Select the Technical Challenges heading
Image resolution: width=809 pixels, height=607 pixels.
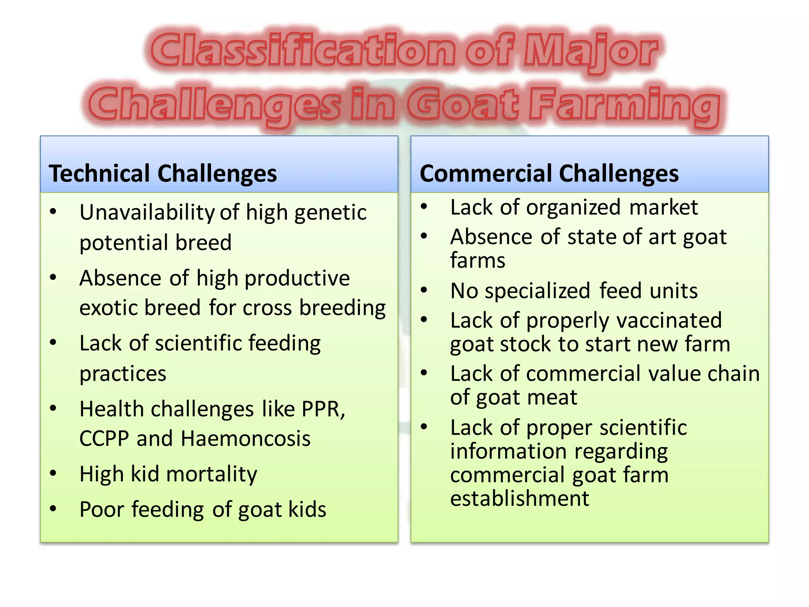163,173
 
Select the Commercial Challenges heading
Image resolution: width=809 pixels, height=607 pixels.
549,173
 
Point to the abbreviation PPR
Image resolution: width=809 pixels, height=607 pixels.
322,409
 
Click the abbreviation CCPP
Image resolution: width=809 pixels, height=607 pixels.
104,439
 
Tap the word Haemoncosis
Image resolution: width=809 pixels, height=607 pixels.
246,439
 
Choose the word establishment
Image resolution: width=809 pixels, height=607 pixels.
519,498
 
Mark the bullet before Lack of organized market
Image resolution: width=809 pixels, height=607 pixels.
424,207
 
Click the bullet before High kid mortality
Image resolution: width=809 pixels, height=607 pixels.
53,473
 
